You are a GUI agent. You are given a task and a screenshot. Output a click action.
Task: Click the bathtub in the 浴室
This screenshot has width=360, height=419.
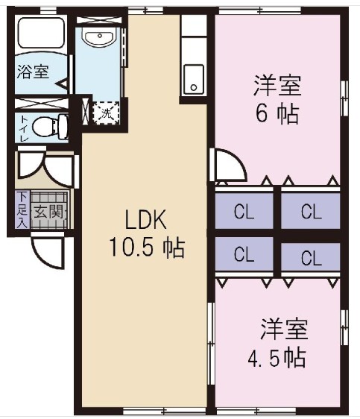click(42, 34)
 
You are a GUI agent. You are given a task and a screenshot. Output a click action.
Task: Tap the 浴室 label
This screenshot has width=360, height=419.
click(33, 72)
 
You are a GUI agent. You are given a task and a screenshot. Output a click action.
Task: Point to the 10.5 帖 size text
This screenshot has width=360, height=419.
click(147, 248)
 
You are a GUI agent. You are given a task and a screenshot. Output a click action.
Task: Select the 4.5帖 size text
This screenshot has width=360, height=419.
click(276, 357)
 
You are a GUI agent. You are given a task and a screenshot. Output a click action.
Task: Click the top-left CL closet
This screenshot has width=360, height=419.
click(244, 211)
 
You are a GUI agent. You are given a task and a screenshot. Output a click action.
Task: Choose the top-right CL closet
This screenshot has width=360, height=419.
click(311, 211)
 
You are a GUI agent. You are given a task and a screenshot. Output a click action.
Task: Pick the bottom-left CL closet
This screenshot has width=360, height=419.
click(244, 256)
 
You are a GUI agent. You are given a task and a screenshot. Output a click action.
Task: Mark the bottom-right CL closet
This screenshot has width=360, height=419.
click(311, 259)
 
